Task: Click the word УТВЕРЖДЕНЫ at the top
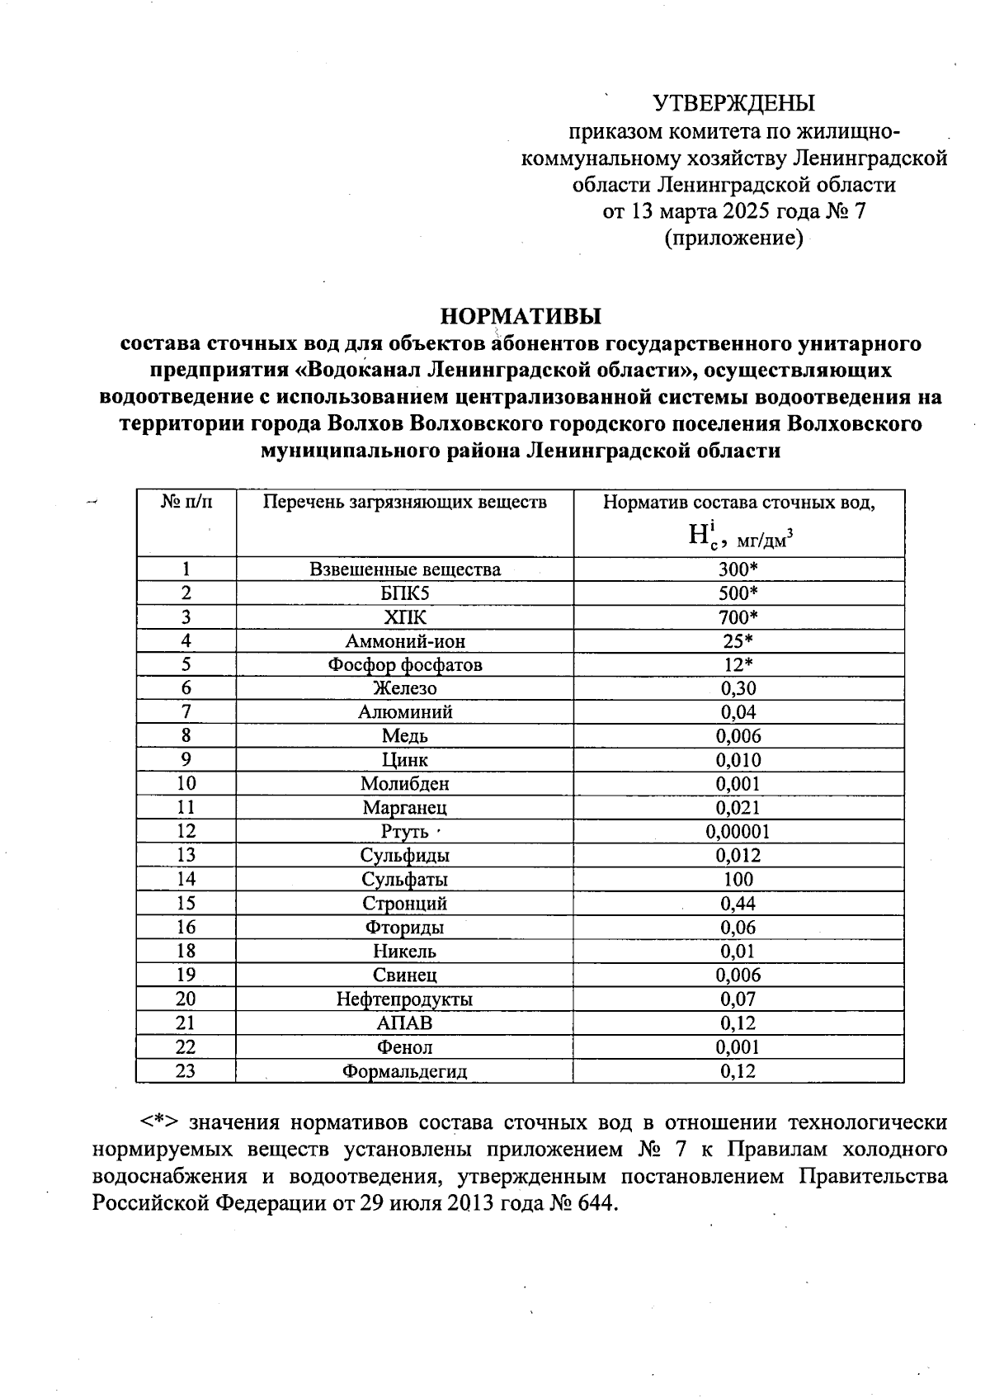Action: click(x=733, y=103)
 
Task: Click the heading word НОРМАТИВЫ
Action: click(x=521, y=316)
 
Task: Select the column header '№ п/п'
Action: click(x=186, y=502)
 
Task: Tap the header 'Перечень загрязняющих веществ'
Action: click(x=404, y=502)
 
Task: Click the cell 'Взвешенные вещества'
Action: click(x=404, y=569)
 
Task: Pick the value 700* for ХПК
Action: click(x=738, y=617)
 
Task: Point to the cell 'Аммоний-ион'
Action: click(x=404, y=641)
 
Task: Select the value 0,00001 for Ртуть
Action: click(x=738, y=832)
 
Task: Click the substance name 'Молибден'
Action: click(x=404, y=784)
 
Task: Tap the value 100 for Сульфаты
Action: click(x=738, y=880)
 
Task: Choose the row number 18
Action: click(x=186, y=952)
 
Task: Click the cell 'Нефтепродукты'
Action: click(x=404, y=999)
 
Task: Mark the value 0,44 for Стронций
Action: click(x=738, y=904)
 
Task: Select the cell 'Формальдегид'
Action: click(x=404, y=1072)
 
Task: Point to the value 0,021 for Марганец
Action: click(x=738, y=808)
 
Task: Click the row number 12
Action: click(x=186, y=832)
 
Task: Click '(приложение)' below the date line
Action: click(x=733, y=239)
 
